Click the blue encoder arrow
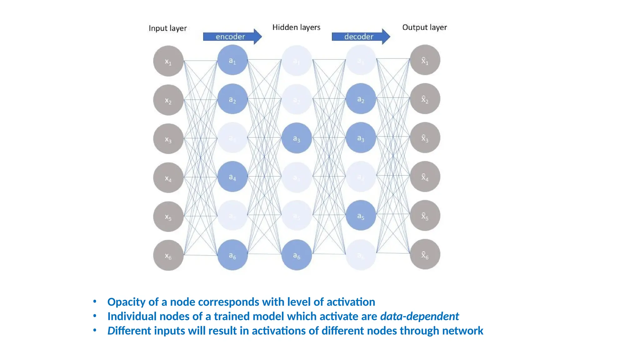point(232,37)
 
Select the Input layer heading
point(167,28)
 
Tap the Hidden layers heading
point(296,27)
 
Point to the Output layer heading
point(424,27)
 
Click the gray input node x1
point(168,61)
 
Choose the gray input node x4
point(168,178)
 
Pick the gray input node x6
point(168,255)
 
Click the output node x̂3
point(425,138)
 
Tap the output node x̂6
point(425,254)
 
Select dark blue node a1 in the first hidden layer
point(232,60)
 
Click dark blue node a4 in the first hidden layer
point(232,177)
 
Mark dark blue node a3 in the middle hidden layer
point(297,138)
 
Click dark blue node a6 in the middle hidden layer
point(297,255)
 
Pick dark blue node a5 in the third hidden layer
point(361,216)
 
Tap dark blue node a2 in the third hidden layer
point(361,99)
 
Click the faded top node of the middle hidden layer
point(297,61)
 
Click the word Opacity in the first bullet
point(126,302)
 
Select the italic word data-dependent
point(419,316)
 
